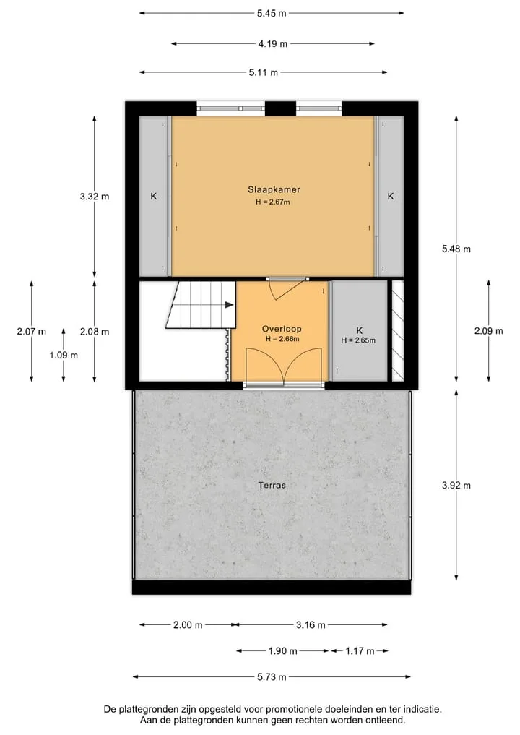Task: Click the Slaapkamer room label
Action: tap(274, 189)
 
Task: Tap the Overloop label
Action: tap(282, 329)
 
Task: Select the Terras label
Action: tap(272, 485)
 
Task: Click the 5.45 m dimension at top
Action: tap(272, 13)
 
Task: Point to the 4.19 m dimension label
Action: tap(273, 43)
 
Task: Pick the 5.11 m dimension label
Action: tap(264, 72)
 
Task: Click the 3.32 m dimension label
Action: tap(94, 197)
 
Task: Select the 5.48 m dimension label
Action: tap(456, 249)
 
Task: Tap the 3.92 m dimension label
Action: tap(456, 485)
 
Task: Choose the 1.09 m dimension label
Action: tap(64, 356)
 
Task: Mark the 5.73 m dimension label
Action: tap(272, 677)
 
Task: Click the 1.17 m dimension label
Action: tap(360, 650)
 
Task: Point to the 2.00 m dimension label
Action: tap(188, 625)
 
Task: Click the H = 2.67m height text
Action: tap(273, 202)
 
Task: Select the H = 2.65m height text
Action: tap(358, 340)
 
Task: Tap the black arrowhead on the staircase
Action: tap(230, 305)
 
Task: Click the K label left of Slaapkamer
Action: tap(154, 197)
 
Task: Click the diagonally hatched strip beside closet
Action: tap(398, 330)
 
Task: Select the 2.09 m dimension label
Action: tap(489, 331)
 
